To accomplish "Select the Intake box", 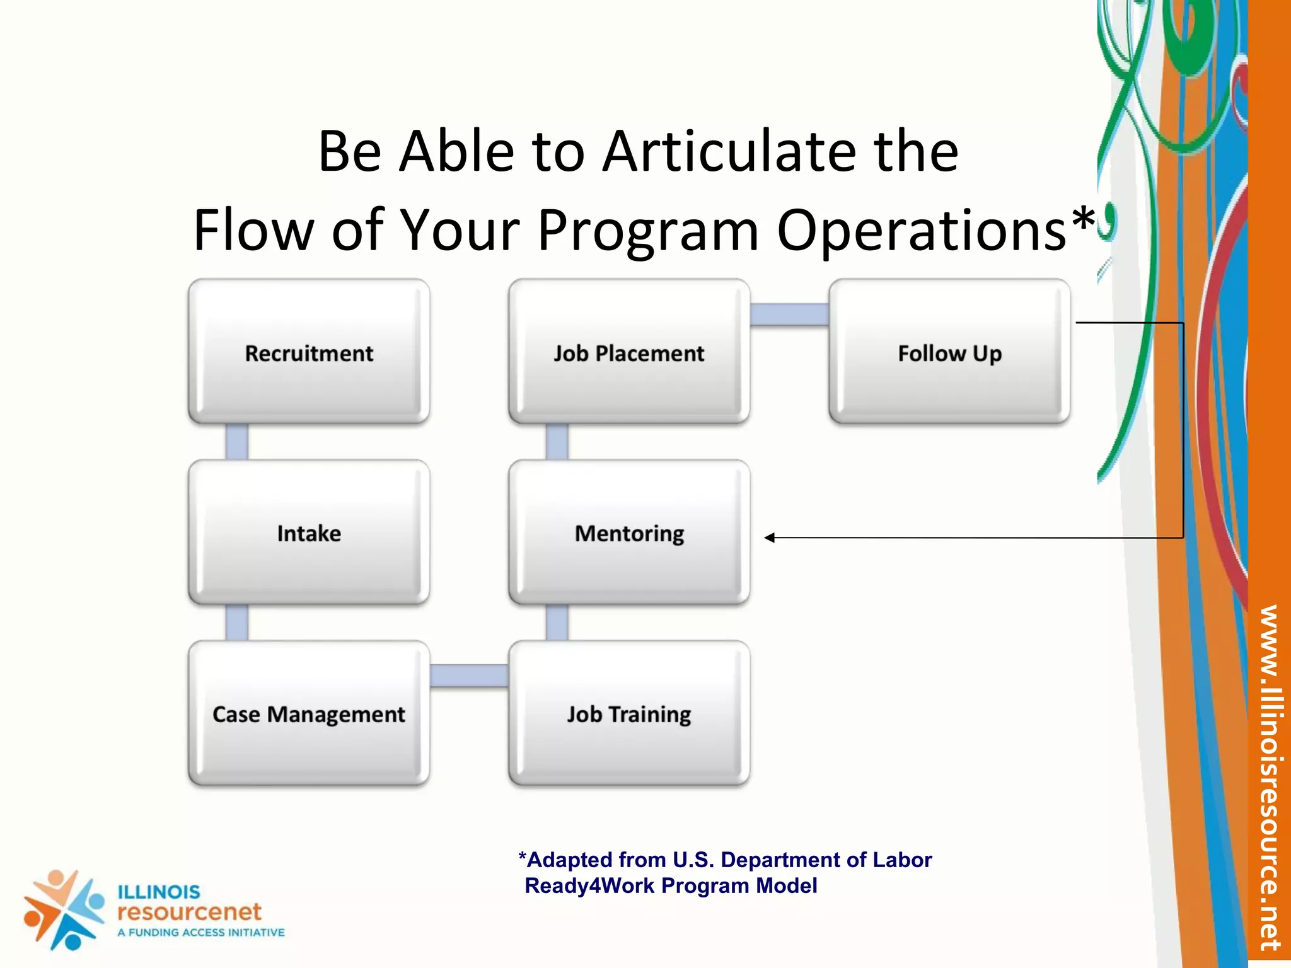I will click(x=309, y=533).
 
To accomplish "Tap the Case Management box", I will click(x=309, y=713).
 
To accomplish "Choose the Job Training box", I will click(x=629, y=713).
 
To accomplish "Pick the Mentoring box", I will click(x=629, y=533).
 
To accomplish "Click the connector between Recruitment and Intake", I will click(x=237, y=442).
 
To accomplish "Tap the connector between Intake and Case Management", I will click(x=237, y=623).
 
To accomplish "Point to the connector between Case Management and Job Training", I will click(x=469, y=676).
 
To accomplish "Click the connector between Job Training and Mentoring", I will click(x=557, y=623).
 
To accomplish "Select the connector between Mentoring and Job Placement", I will click(x=557, y=442).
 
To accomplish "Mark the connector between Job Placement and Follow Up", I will click(x=789, y=314).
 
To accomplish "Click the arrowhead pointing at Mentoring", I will click(x=770, y=538).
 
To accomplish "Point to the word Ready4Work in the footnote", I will click(x=589, y=885).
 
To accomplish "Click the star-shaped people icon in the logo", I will click(x=63, y=909).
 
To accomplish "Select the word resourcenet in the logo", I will click(x=189, y=911).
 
